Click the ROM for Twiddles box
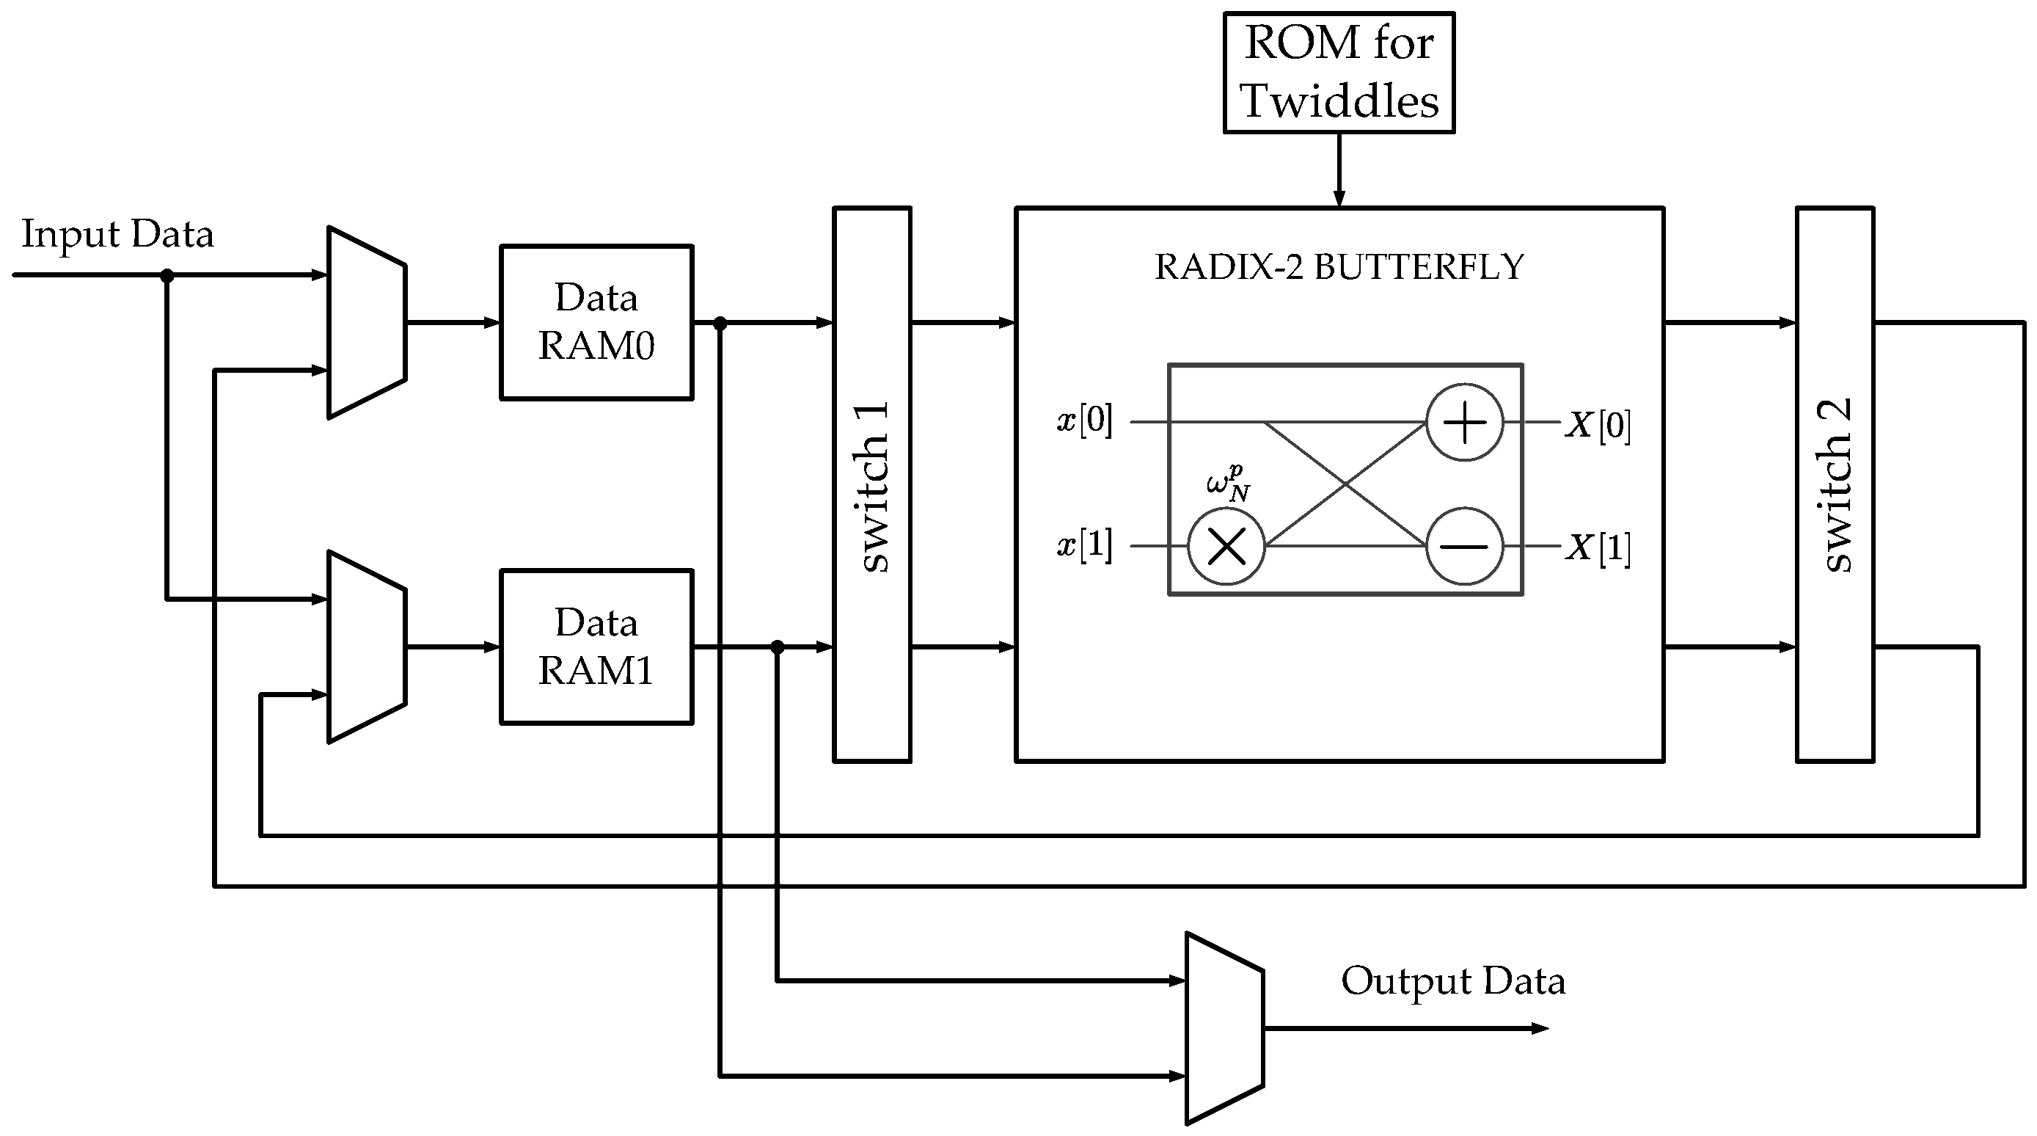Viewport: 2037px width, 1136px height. (1338, 72)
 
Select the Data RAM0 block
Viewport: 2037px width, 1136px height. (596, 322)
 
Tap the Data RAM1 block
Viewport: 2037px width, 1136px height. (596, 647)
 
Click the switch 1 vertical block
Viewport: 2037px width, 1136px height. (871, 484)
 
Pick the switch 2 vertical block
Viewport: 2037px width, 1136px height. (1835, 484)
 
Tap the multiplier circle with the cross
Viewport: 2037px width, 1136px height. (1226, 546)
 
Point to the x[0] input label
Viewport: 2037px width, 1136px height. (1085, 420)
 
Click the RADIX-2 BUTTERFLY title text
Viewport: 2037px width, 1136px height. (1339, 267)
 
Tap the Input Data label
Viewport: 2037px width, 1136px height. (118, 234)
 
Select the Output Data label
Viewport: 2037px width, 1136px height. (1452, 981)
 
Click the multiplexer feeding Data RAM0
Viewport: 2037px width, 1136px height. (367, 323)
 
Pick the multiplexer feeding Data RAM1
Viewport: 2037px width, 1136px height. (367, 647)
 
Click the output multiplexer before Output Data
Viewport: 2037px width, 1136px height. (1224, 1028)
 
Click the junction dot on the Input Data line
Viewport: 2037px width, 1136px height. (167, 275)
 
